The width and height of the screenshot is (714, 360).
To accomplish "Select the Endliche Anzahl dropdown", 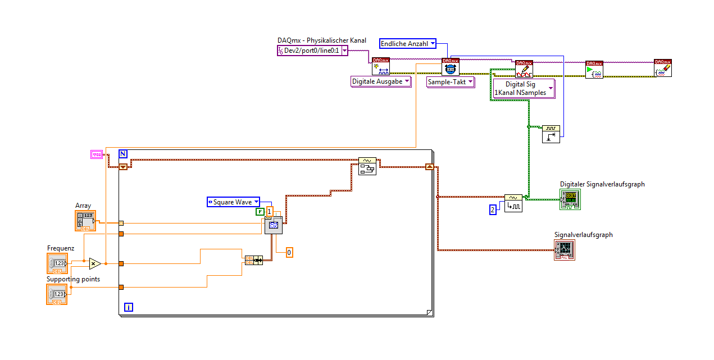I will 408,43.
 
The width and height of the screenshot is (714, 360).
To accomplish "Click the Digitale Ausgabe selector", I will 380,81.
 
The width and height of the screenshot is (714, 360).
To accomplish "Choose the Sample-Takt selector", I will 451,82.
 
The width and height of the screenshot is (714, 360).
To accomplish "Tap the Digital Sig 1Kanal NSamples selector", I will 523,89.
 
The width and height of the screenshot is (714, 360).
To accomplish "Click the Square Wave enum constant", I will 233,202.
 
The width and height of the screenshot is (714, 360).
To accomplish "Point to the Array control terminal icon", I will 86,221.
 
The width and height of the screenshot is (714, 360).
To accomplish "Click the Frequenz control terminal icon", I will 57,263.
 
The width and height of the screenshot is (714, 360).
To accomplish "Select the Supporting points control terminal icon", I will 57,294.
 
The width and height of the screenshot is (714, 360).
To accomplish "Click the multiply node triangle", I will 94,263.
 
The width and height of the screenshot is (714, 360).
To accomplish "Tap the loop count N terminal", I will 123,154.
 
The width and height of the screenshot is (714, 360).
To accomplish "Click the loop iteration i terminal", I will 129,307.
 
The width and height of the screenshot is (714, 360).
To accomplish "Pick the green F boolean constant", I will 260,212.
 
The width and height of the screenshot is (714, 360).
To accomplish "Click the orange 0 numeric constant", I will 289,253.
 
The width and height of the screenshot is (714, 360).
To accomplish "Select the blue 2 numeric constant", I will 493,209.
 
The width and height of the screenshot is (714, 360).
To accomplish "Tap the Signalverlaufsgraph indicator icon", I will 565,250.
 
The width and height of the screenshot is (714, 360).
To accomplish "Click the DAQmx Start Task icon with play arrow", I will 594,69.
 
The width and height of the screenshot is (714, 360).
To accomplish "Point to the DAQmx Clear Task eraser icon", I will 663,68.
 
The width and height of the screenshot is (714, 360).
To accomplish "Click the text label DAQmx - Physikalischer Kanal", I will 322,40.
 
